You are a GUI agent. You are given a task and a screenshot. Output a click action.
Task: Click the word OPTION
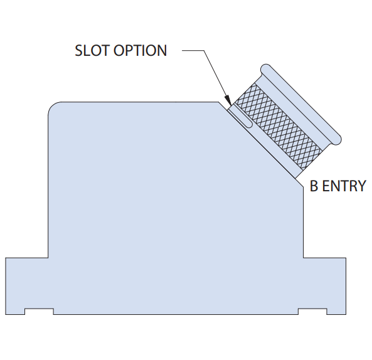pos(141,51)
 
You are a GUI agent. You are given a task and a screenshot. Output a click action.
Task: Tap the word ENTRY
pos(344,186)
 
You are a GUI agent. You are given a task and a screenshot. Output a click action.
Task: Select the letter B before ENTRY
pos(314,186)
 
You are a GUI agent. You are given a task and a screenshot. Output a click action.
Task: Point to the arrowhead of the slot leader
pos(228,100)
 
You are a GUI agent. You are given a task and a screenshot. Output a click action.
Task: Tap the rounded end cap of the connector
pos(301,104)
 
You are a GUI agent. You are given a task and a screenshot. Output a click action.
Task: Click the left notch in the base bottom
pos(39,311)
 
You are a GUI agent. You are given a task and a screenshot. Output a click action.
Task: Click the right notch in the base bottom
pos(312,311)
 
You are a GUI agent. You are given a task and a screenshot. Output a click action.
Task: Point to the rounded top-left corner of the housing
pos(52,106)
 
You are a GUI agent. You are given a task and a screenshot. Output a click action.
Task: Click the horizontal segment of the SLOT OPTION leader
pos(193,50)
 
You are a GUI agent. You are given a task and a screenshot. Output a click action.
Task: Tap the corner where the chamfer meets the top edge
pos(218,102)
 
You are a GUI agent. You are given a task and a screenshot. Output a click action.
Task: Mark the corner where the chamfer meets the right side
pos(303,188)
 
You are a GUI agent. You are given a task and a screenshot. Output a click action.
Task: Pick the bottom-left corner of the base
pos(6,314)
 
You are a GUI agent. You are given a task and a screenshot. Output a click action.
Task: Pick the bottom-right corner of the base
pos(346,314)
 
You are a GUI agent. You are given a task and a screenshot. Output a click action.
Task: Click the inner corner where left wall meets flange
pos(48,258)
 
